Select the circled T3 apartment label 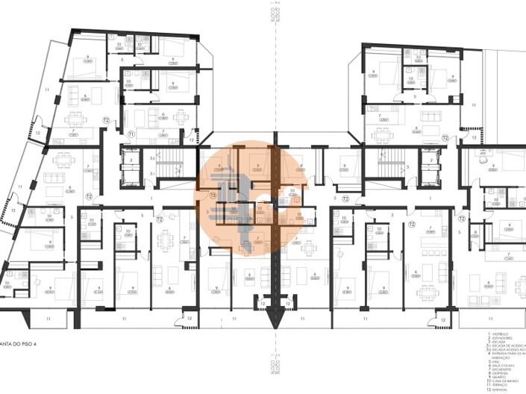click(x=213, y=196)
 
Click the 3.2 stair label click(x=151, y=158)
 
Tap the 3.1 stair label click(x=151, y=173)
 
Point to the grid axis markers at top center click(x=275, y=13)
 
